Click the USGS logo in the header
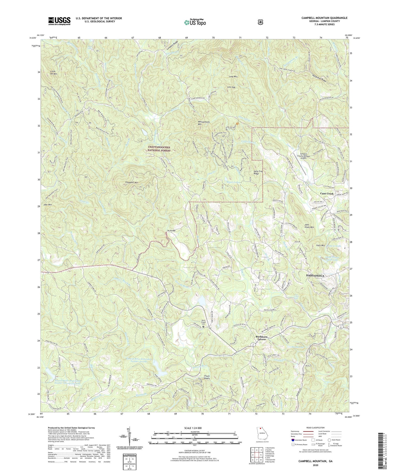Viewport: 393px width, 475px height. click(x=59, y=21)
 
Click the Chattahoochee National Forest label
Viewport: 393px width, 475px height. click(x=159, y=149)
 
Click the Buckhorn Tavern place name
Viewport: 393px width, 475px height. click(x=261, y=338)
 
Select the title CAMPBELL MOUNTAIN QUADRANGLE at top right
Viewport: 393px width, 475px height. click(x=324, y=18)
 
